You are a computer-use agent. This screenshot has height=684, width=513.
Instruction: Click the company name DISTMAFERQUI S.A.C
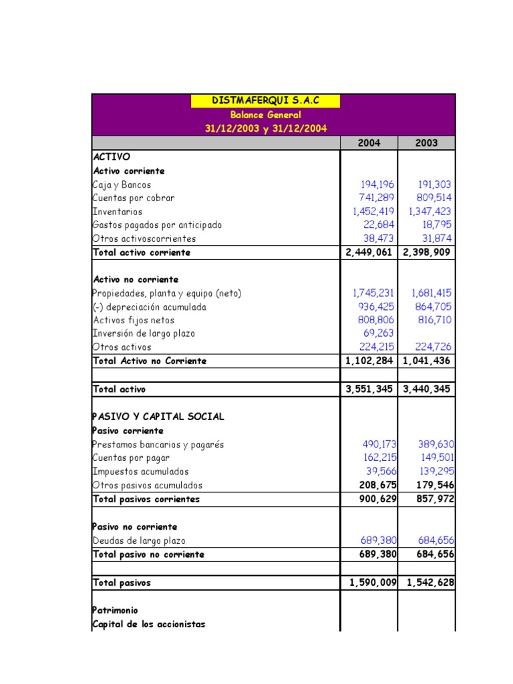[265, 101]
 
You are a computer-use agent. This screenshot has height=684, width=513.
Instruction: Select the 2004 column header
[369, 143]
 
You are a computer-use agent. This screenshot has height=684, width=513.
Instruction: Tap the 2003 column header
[427, 143]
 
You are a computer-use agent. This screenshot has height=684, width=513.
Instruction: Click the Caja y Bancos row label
[122, 185]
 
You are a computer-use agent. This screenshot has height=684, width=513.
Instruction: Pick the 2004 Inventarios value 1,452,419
[373, 212]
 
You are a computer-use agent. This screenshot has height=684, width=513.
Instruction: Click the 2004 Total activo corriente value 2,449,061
[369, 252]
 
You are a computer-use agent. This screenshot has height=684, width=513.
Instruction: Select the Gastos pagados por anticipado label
[157, 225]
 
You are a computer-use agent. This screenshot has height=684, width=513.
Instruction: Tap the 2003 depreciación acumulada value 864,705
[432, 307]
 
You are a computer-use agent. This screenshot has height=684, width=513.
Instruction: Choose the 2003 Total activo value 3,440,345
[427, 389]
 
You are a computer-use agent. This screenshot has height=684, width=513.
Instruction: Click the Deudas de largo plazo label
[138, 540]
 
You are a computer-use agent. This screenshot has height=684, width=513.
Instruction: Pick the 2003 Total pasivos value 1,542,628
[427, 582]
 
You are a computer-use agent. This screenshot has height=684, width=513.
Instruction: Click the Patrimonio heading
[115, 611]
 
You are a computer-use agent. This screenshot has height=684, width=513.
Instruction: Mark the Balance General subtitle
[266, 115]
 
